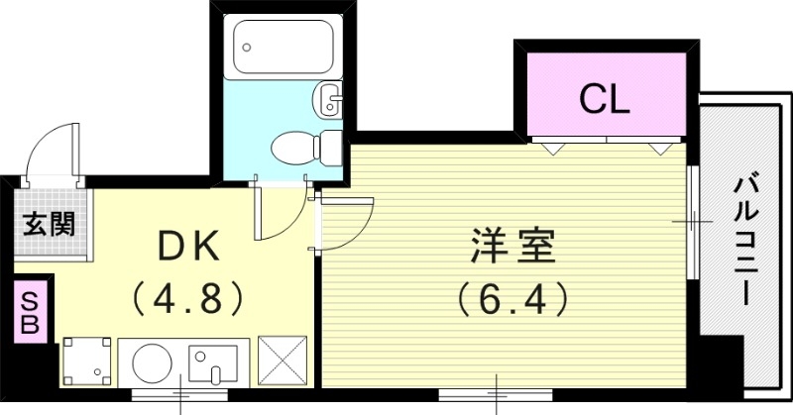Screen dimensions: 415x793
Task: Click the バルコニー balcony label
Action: pyautogui.click(x=745, y=238)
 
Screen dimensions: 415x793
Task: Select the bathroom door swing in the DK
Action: pyautogui.click(x=278, y=213)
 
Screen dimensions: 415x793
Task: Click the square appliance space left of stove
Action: pyautogui.click(x=87, y=362)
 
